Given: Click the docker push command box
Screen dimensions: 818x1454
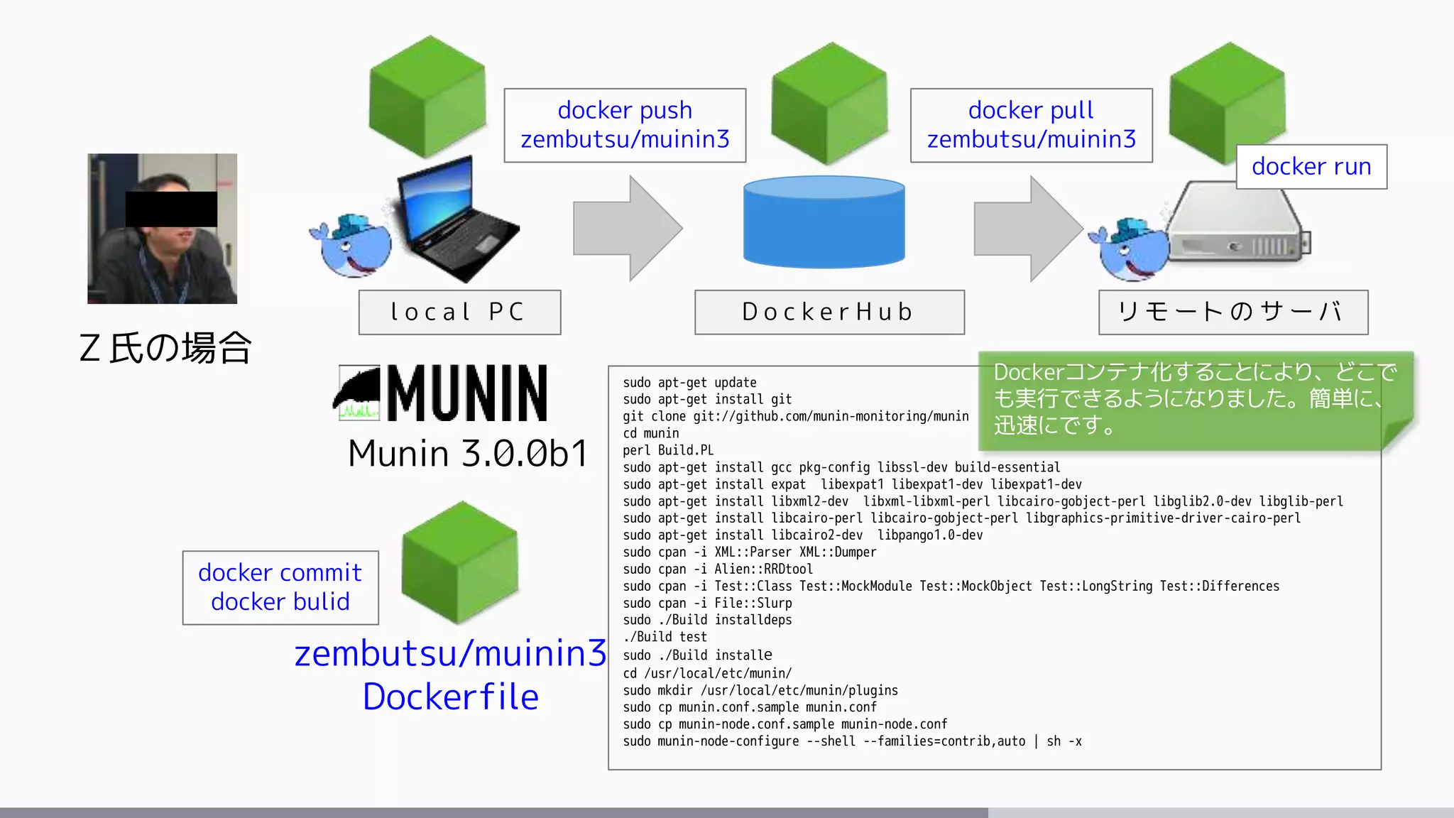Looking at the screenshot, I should pos(625,125).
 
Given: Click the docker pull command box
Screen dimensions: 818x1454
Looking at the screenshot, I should pos(1031,125).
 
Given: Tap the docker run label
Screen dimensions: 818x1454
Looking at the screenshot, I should pos(1311,166).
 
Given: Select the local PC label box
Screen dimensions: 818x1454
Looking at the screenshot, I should pos(459,312).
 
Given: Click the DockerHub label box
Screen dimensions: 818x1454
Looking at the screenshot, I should pos(829,312).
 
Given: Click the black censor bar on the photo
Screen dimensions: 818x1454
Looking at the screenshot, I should pos(171,209).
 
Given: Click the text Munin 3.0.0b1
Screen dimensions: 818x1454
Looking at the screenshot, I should pos(468,453).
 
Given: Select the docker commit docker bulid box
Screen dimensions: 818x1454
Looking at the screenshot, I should pos(280,587).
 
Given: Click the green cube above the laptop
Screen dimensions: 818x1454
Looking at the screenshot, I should pos(427,96).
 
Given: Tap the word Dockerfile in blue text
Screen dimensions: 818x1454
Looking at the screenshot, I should pos(451,697).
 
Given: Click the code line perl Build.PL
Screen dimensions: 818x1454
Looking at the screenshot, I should pos(668,450).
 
